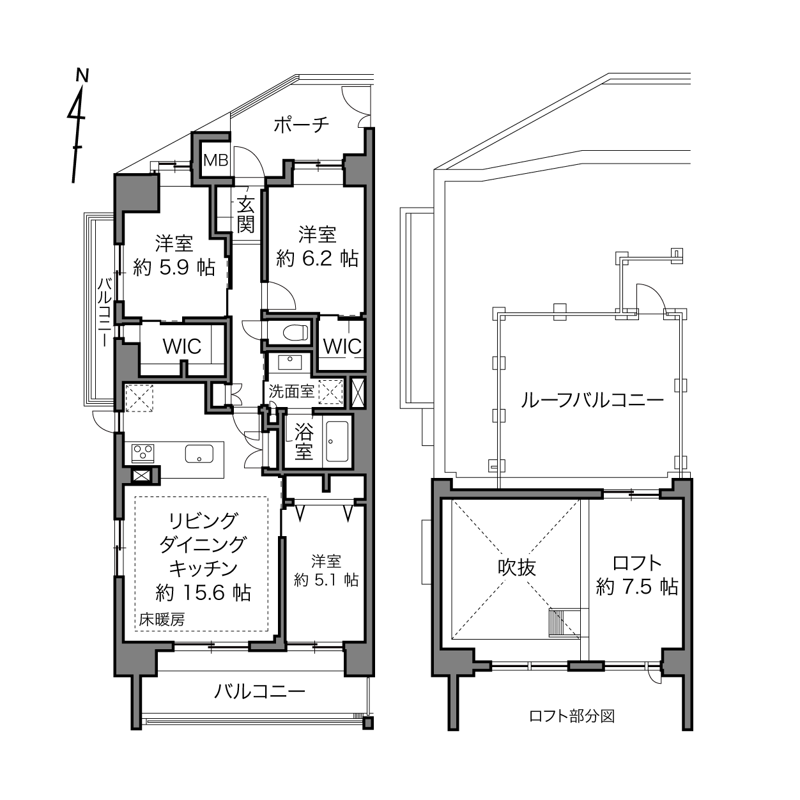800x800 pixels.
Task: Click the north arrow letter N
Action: [x=82, y=75]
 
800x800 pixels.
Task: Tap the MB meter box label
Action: [x=216, y=160]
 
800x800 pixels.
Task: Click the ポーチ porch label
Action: [x=302, y=125]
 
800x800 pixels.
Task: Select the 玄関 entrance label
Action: [x=245, y=215]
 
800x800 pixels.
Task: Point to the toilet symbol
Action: [x=296, y=332]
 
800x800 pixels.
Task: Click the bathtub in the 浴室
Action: [x=337, y=442]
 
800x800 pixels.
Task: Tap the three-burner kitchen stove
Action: [x=143, y=453]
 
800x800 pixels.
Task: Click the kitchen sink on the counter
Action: [x=199, y=454]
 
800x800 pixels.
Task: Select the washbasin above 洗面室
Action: [x=290, y=362]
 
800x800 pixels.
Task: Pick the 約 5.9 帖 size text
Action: [x=174, y=268]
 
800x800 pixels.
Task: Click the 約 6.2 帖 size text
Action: [x=317, y=259]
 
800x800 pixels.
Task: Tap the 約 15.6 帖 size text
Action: [x=203, y=593]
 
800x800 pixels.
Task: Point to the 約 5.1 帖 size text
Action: [x=327, y=580]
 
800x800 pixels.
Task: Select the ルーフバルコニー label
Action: [x=592, y=401]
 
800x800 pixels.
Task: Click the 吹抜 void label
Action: [x=517, y=567]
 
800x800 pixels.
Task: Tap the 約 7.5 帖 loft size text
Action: [x=637, y=587]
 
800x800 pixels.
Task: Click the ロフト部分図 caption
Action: [x=572, y=716]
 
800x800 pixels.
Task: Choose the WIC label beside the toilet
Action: [x=342, y=346]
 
